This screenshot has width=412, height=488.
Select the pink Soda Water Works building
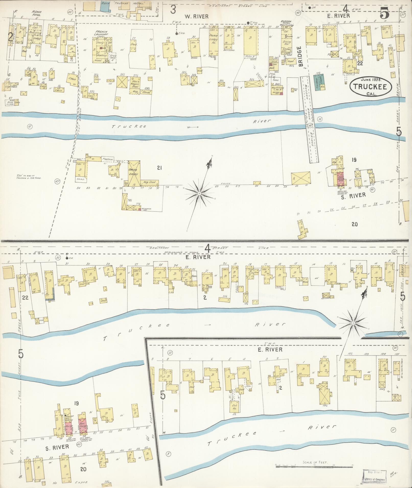(340, 179)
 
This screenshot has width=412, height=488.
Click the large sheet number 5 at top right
(384, 13)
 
